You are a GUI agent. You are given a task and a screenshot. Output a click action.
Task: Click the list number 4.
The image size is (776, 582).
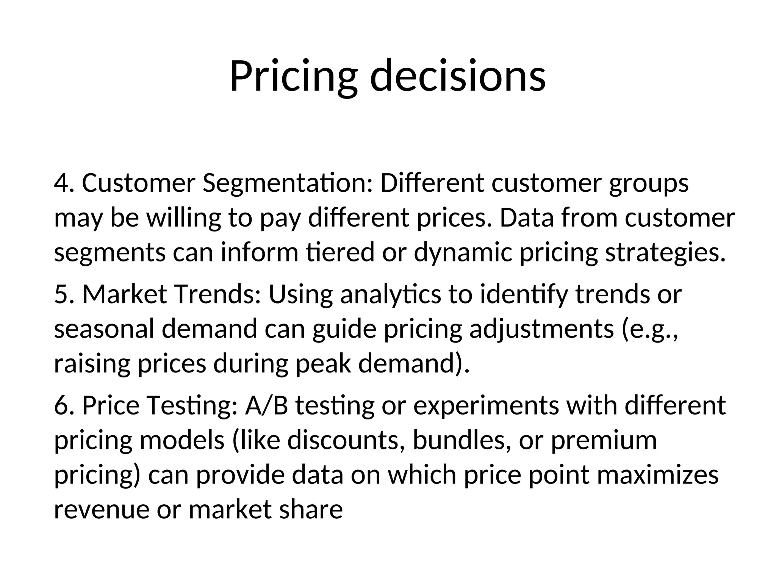click(63, 183)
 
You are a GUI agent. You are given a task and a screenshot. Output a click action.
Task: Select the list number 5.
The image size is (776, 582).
click(63, 294)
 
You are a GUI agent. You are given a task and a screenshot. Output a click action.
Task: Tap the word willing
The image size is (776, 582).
click(183, 219)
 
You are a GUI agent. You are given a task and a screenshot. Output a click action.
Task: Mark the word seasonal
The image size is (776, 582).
click(104, 329)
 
